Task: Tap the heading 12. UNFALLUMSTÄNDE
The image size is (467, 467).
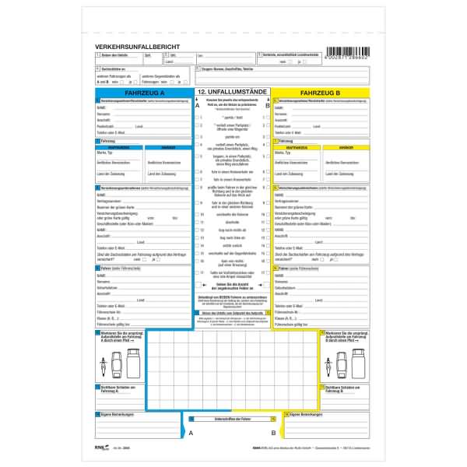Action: point(233,92)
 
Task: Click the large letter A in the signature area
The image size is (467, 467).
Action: point(190,432)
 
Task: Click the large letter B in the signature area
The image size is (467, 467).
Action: point(273,432)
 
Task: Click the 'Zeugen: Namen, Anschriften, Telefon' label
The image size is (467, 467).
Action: point(226,68)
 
